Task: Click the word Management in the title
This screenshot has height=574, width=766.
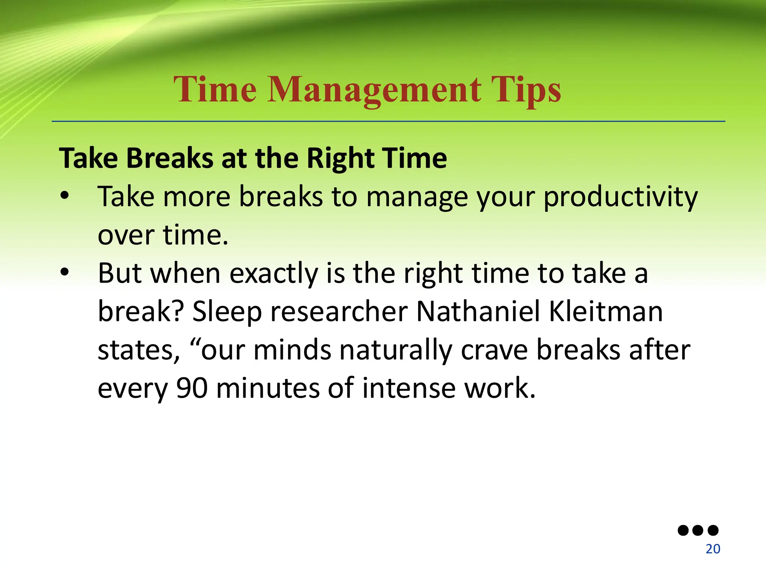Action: (374, 90)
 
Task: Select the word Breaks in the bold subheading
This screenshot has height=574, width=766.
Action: (170, 158)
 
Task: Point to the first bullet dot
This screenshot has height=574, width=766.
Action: (64, 196)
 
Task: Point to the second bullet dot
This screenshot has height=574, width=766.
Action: (64, 272)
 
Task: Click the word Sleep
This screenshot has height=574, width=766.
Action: (227, 312)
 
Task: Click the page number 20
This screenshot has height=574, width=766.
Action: (713, 549)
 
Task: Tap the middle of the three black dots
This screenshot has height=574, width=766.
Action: (698, 530)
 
